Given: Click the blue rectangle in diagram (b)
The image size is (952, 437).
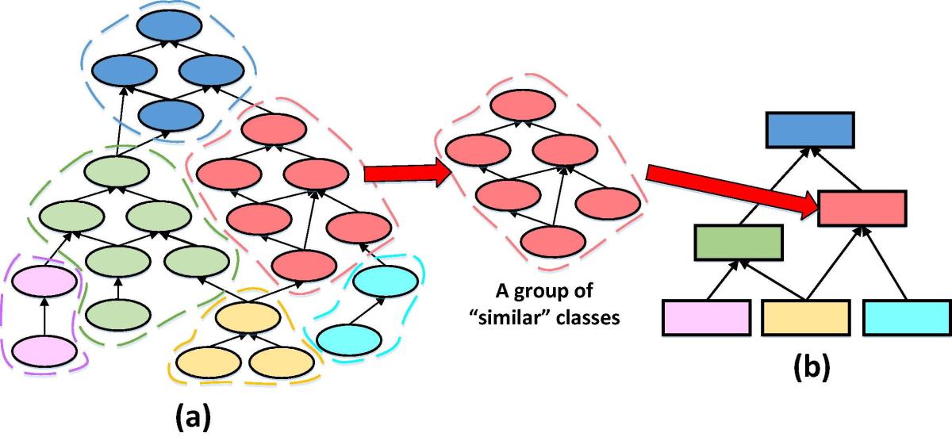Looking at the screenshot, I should click(809, 130).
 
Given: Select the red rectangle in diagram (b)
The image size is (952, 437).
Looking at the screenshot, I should click(862, 208).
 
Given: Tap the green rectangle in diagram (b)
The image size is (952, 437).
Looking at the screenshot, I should click(739, 243).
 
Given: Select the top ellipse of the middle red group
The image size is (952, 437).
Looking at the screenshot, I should click(520, 107).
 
